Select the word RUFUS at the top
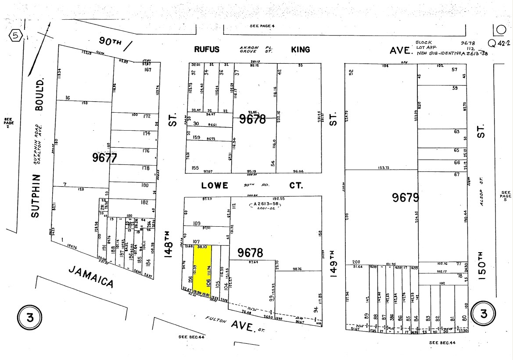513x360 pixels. (206, 50)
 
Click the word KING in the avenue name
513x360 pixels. (301, 50)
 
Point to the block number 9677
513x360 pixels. (104, 157)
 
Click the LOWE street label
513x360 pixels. (215, 185)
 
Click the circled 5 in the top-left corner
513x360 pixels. (15, 36)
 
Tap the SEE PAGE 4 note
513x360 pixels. (262, 26)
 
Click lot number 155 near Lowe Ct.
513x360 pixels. (195, 168)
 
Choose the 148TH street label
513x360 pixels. (170, 245)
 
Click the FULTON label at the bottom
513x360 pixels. (216, 321)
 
